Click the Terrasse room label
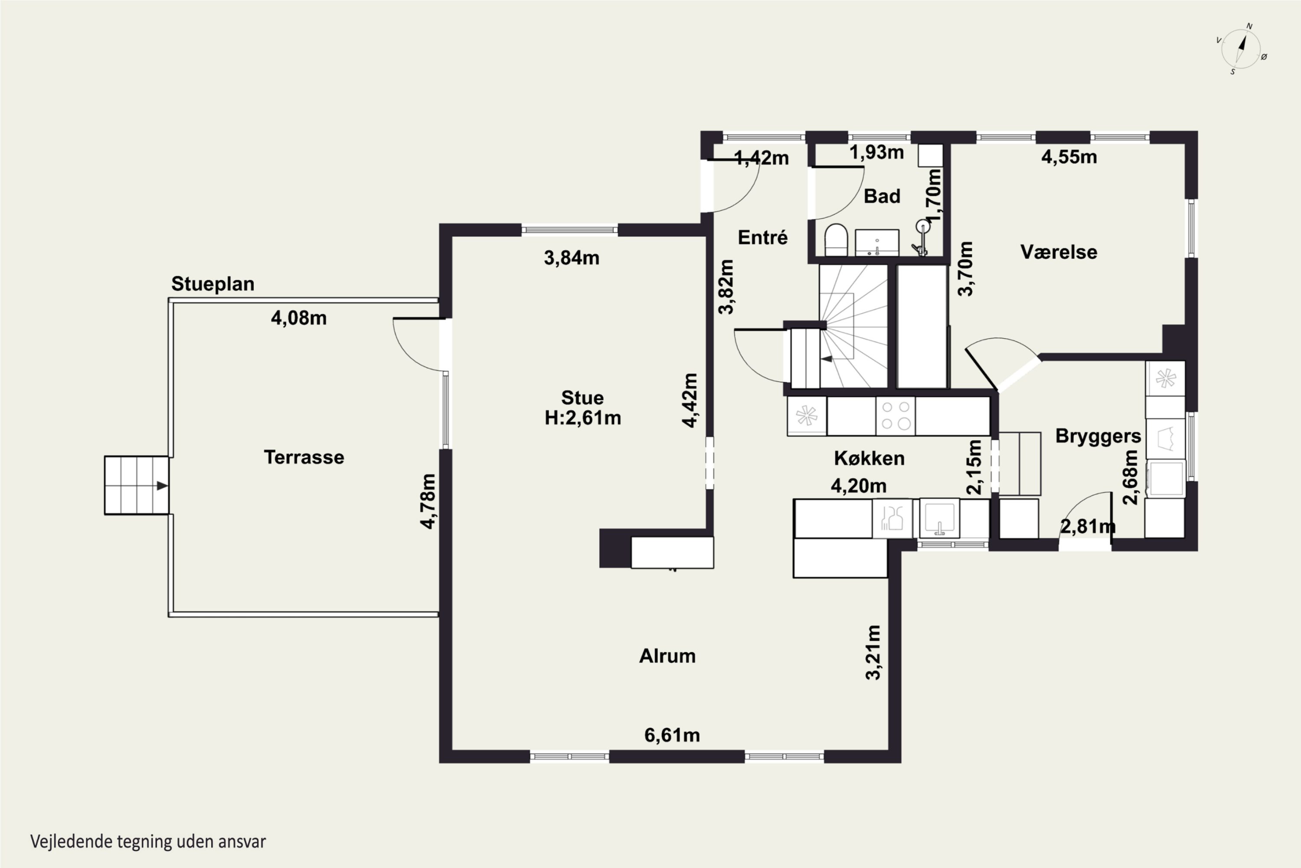point(304,457)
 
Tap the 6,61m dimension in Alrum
point(672,735)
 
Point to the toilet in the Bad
point(836,240)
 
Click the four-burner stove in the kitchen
point(896,416)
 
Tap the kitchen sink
point(939,519)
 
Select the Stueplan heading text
point(212,284)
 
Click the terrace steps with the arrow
point(137,486)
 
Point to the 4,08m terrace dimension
point(299,318)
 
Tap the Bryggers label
point(1098,437)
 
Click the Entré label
point(762,237)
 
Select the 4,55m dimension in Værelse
point(1069,157)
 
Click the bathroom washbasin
point(877,243)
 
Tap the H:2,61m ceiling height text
point(582,418)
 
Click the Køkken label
point(869,458)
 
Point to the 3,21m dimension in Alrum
point(873,652)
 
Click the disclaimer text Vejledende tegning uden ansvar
point(148,842)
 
